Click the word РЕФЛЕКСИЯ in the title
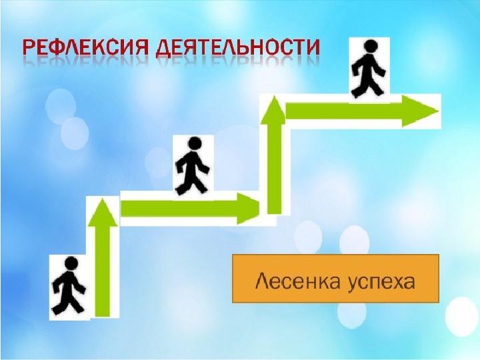click(85, 48)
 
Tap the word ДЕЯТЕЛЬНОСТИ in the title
click(237, 49)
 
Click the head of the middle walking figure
click(194, 143)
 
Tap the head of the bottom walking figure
click(71, 263)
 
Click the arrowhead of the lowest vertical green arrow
click(103, 212)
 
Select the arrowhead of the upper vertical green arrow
click(273, 109)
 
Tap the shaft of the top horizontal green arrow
click(344, 111)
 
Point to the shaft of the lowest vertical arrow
click(103, 271)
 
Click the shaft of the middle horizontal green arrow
click(179, 209)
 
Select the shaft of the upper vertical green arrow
click(274, 169)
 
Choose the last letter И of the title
click(312, 48)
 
